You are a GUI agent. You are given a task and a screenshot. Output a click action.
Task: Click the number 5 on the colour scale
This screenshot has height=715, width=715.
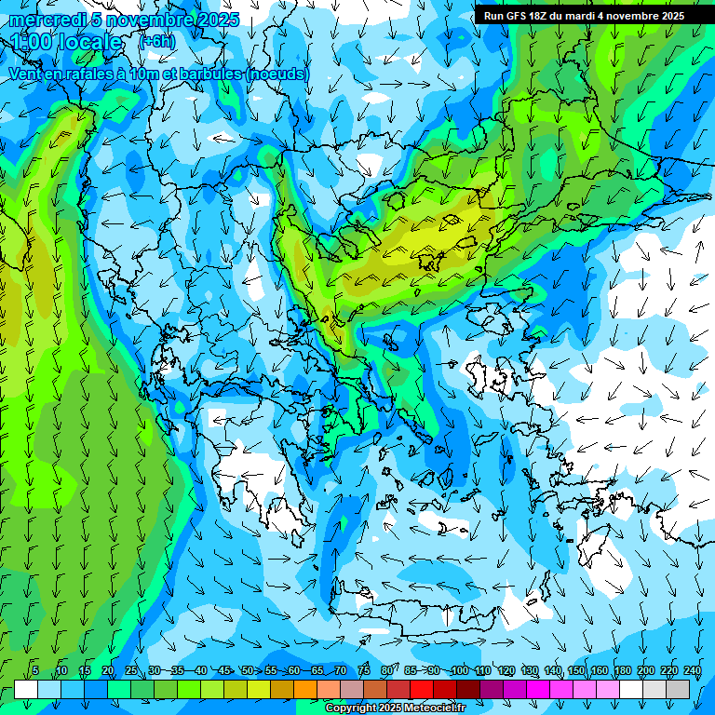tap(35, 670)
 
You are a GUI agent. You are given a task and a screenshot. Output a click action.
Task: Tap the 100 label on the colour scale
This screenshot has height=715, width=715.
tap(459, 670)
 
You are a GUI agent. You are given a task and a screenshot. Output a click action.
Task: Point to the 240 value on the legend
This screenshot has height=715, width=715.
tap(692, 670)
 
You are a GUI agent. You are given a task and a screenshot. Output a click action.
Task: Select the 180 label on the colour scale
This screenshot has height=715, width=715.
tap(623, 670)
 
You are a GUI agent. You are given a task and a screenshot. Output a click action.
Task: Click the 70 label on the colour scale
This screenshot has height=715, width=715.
tap(341, 670)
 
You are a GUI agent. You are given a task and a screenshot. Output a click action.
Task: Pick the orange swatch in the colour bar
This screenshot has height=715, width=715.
tap(305, 689)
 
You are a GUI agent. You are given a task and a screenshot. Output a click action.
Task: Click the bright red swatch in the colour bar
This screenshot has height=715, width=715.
tap(422, 689)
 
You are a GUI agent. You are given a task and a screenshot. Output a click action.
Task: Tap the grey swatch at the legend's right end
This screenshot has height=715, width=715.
tap(678, 689)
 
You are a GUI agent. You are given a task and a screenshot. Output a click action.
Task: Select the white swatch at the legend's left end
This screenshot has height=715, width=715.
tap(26, 689)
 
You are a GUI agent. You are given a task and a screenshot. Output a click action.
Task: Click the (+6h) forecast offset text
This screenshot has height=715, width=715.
tap(156, 42)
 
